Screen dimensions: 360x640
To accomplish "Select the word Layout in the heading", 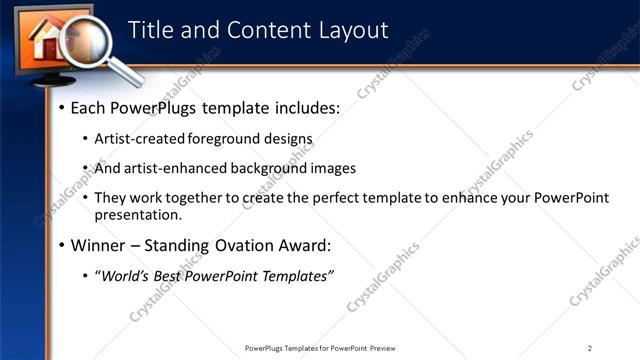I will [352, 30].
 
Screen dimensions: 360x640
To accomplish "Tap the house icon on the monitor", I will [48, 40].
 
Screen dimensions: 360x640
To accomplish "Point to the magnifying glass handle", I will [125, 72].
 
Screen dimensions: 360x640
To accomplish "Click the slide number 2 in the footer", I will [590, 348].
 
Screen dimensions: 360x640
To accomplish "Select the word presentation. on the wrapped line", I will [138, 214].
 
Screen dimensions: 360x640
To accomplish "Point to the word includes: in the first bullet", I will [303, 107].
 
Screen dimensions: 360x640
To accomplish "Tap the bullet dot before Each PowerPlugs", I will [62, 108].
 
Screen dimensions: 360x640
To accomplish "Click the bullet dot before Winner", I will [62, 246].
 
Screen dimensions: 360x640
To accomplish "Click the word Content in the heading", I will [263, 30].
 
